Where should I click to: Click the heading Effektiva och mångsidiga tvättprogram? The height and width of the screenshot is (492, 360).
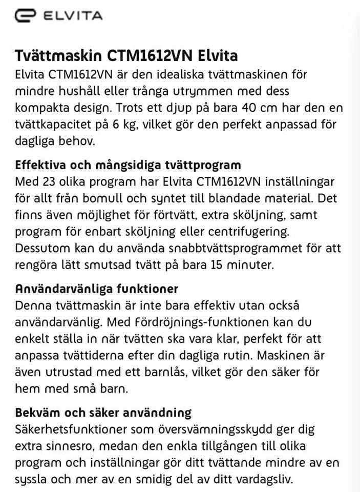(x=128, y=166)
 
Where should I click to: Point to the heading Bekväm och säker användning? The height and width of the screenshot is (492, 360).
(x=103, y=413)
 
